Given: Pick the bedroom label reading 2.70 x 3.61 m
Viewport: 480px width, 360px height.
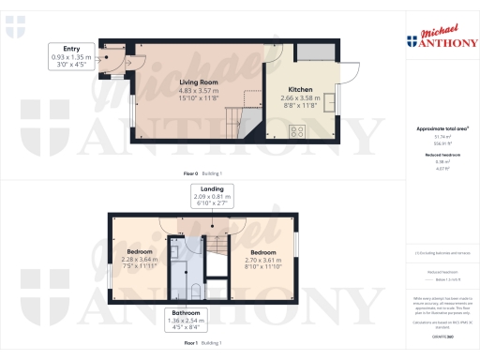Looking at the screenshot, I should pos(263,253).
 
